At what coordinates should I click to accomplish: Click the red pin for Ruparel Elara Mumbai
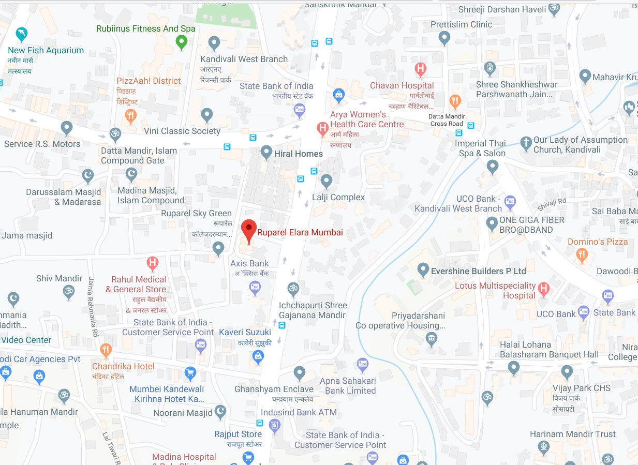[249, 229]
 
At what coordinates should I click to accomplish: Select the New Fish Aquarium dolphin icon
[22, 35]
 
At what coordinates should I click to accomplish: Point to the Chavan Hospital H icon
[421, 69]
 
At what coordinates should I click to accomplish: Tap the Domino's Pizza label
[598, 242]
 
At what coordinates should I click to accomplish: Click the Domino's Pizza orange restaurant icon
[582, 254]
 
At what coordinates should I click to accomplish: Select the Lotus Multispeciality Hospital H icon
[543, 289]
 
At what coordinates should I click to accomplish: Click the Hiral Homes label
[299, 154]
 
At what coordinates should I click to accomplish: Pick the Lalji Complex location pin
[326, 181]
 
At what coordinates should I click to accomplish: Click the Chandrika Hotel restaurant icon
[106, 350]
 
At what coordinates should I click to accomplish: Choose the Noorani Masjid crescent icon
[220, 411]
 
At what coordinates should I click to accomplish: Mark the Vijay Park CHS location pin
[567, 371]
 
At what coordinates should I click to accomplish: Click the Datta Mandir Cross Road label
[447, 120]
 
